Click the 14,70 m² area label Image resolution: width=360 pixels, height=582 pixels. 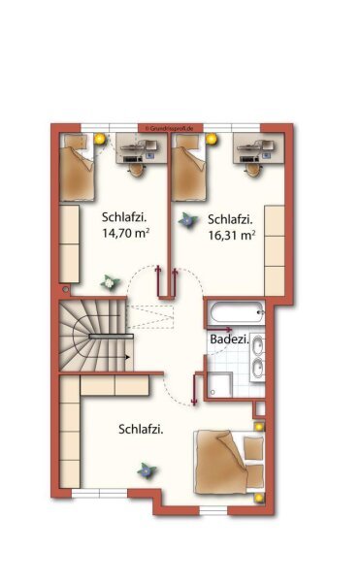pyautogui.click(x=126, y=233)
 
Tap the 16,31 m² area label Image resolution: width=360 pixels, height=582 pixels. pyautogui.click(x=232, y=236)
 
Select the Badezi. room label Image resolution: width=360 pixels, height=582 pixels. pyautogui.click(x=229, y=339)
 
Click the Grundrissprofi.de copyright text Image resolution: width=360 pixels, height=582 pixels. pyautogui.click(x=170, y=128)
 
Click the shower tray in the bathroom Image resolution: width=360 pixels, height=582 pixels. pyautogui.click(x=219, y=385)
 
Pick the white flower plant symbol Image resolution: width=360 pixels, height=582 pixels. pyautogui.click(x=110, y=283)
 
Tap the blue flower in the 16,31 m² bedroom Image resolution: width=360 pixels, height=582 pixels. pyautogui.click(x=188, y=220)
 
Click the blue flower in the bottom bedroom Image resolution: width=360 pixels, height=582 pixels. pyautogui.click(x=147, y=471)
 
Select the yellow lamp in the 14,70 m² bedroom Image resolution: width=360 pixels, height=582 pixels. pyautogui.click(x=99, y=139)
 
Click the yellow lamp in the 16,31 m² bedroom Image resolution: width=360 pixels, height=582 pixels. pyautogui.click(x=212, y=139)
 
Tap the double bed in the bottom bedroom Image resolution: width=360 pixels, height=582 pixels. pyautogui.click(x=229, y=462)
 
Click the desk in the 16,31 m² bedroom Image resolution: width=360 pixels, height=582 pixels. pyautogui.click(x=258, y=148)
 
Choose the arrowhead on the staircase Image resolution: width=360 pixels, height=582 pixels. pyautogui.click(x=128, y=357)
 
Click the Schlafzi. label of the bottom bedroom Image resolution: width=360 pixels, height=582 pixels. pyautogui.click(x=141, y=430)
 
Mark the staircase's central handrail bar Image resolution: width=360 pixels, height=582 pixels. pyautogui.click(x=111, y=336)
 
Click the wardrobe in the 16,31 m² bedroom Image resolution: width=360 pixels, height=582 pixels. pyautogui.click(x=275, y=250)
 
